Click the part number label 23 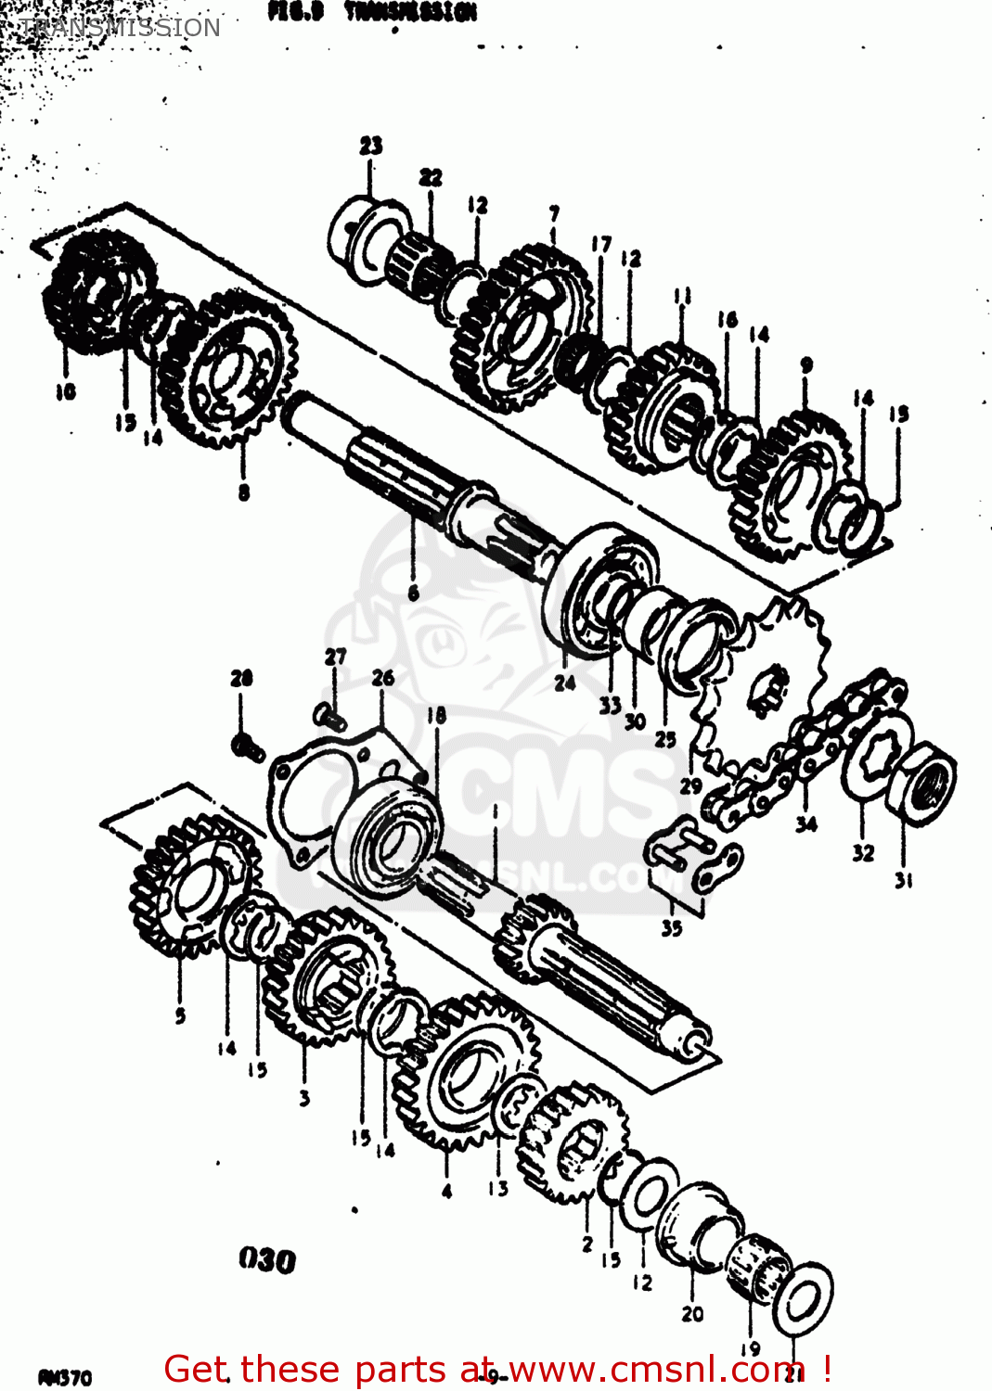(371, 146)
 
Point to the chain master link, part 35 (694, 859)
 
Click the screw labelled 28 (247, 745)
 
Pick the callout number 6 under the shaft (413, 593)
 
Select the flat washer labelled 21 (803, 1297)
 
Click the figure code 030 (267, 1259)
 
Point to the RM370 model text (65, 1377)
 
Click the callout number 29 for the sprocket (690, 785)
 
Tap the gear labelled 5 (190, 886)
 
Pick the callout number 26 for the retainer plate (383, 679)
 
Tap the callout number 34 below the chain (806, 823)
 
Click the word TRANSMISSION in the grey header (120, 28)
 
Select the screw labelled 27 (329, 715)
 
